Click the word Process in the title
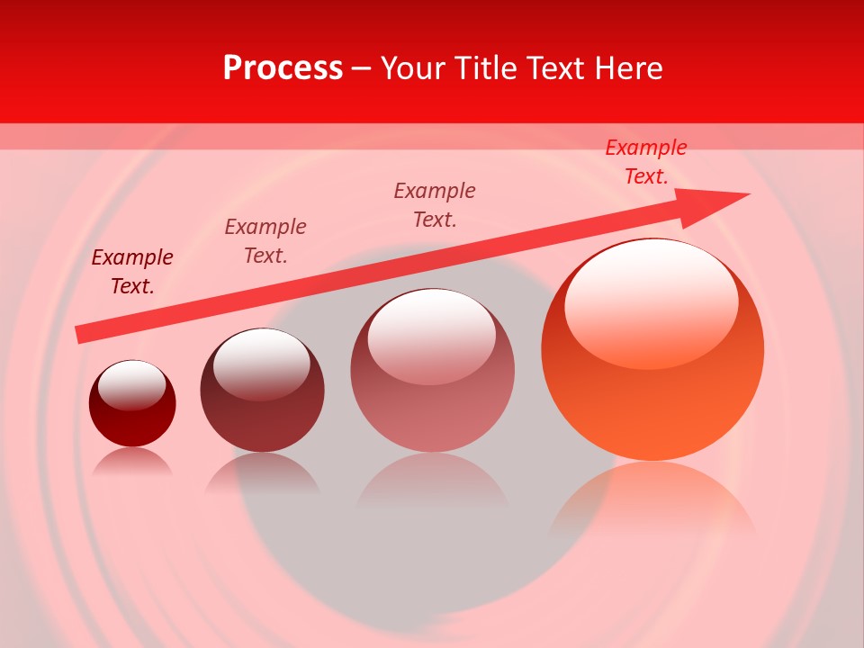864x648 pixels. coord(283,68)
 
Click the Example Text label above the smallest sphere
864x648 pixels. coord(132,272)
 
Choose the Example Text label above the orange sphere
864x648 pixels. coord(645,162)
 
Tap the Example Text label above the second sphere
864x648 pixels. coord(265,241)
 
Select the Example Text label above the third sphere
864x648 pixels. coord(435,205)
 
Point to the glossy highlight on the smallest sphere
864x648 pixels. coord(131,384)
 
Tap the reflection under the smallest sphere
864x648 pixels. coord(132,460)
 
